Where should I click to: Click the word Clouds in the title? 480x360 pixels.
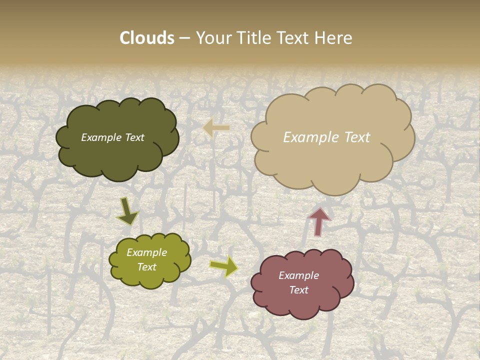[x=147, y=38]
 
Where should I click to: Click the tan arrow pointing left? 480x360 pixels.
[x=216, y=128]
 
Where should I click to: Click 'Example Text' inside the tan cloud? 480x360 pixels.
[x=326, y=137]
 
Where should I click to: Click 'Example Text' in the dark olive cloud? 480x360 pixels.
[x=113, y=137]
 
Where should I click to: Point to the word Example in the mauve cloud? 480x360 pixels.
[x=298, y=275]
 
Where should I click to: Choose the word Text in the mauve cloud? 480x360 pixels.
[x=298, y=290]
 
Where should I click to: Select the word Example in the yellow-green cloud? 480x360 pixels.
[x=146, y=252]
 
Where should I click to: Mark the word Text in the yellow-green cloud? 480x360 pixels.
[x=146, y=267]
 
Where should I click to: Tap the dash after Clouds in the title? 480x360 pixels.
[x=184, y=38]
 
